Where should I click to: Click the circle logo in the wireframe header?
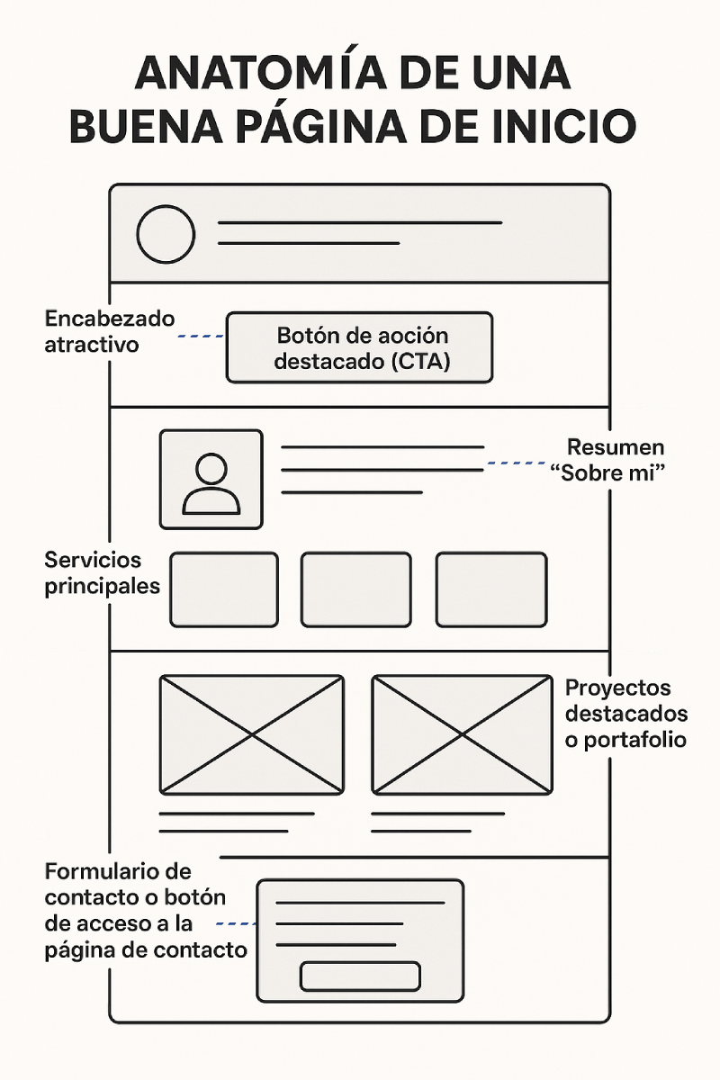click(166, 235)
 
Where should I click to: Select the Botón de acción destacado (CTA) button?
click(359, 348)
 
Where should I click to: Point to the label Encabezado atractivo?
click(109, 331)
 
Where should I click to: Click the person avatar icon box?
click(211, 479)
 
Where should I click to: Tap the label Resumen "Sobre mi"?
click(616, 460)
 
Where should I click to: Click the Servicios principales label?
click(102, 572)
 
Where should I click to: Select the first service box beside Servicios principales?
click(224, 589)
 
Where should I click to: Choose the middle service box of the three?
click(355, 589)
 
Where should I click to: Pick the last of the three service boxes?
click(491, 589)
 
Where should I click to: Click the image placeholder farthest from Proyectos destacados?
click(251, 734)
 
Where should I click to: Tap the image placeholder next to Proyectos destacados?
click(462, 734)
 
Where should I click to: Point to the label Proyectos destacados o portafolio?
click(626, 714)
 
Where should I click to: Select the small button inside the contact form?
click(360, 976)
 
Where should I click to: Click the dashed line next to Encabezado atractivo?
click(201, 337)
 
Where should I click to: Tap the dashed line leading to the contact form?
click(237, 923)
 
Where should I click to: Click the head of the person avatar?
click(211, 469)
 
